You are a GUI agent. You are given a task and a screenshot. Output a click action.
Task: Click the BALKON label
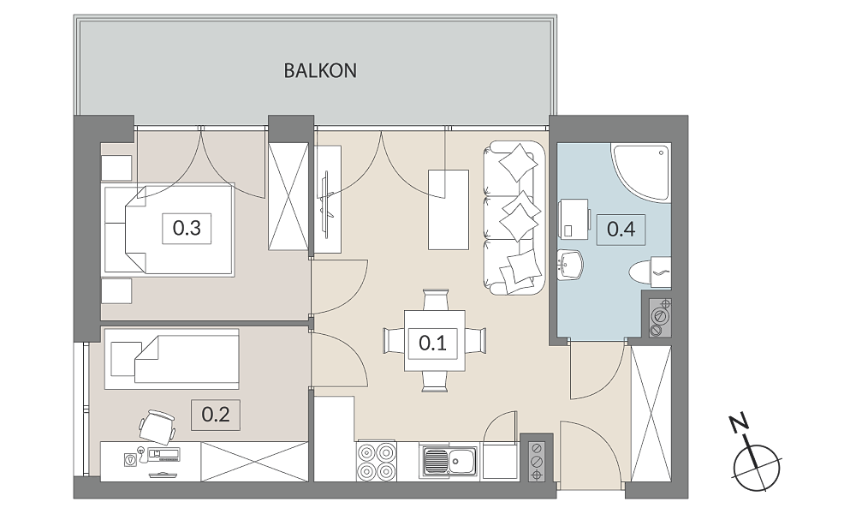tap(320, 70)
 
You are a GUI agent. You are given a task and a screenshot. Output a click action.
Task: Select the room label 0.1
tap(433, 343)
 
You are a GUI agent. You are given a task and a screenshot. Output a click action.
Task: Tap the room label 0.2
tap(216, 415)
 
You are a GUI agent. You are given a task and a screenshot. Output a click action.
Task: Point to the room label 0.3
tap(187, 228)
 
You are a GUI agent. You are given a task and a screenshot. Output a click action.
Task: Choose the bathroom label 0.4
tap(621, 229)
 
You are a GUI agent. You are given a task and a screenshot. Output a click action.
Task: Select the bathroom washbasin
tap(570, 266)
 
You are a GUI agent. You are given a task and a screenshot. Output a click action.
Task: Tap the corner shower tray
tap(640, 172)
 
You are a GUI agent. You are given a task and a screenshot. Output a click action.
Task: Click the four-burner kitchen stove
tap(377, 462)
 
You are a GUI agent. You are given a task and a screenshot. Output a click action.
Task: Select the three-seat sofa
tap(514, 218)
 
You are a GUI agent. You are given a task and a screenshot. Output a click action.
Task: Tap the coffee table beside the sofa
tap(449, 210)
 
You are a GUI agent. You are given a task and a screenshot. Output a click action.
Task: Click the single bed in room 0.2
tap(171, 359)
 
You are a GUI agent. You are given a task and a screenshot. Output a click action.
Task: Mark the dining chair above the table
tap(436, 300)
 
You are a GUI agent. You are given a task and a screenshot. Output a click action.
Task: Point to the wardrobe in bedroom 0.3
tap(288, 197)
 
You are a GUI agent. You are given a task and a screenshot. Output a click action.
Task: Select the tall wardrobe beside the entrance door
tap(651, 414)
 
